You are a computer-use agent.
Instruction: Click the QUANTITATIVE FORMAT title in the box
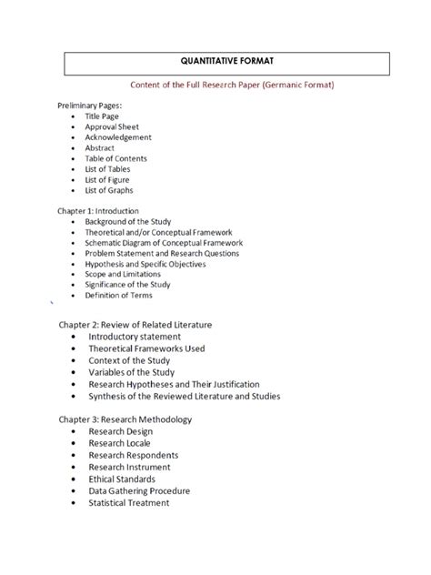pos(227,63)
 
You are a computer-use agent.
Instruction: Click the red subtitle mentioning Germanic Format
pos(227,86)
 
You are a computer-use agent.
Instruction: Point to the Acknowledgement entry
pos(118,137)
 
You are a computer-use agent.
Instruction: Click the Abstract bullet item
pos(101,148)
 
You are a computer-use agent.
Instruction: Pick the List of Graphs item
pos(109,190)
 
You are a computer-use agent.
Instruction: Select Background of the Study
pos(134,221)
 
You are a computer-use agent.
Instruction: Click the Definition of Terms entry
pos(119,295)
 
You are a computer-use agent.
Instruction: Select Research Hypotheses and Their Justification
pos(186,384)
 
